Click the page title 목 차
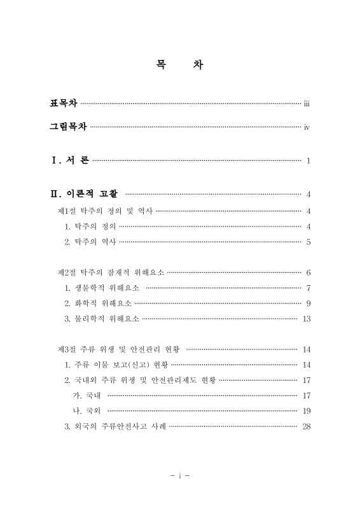tap(180, 66)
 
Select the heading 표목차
tap(64, 103)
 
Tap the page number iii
tap(307, 104)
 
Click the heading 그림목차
tap(69, 127)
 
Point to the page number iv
tap(307, 127)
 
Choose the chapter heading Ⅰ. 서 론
tap(70, 160)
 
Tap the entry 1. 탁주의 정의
tap(90, 227)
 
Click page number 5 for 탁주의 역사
tap(308, 242)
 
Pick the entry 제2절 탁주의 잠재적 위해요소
tap(111, 272)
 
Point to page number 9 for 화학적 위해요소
tap(308, 303)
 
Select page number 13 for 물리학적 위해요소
tap(307, 319)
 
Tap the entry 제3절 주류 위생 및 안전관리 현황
tap(119, 349)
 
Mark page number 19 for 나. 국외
tap(307, 411)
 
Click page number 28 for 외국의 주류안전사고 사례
tap(307, 426)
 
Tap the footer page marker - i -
tap(180, 475)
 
